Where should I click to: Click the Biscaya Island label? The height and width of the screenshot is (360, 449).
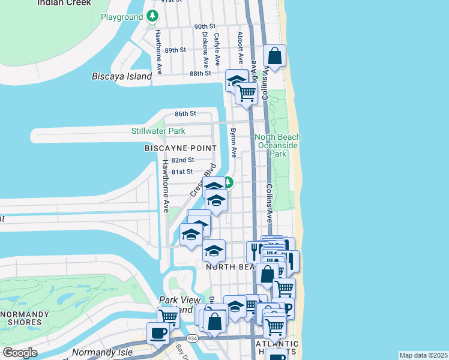[122, 76]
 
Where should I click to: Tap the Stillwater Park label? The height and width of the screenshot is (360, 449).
[158, 131]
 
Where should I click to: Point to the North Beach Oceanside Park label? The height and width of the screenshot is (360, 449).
[278, 145]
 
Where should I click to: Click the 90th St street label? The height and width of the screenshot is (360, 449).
[204, 27]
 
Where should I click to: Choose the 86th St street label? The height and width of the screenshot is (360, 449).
[185, 113]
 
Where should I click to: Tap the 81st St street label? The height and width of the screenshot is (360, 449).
[182, 172]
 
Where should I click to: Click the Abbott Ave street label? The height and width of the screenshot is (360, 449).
[240, 47]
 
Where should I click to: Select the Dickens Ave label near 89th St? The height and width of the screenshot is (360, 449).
[205, 48]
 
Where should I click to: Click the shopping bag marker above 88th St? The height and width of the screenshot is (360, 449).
[274, 56]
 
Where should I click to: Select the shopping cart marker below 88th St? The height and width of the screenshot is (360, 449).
[246, 93]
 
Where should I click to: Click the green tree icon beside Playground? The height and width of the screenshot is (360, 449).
[153, 16]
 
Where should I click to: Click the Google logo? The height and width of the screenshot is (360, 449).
[20, 353]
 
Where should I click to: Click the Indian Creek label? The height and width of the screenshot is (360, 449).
[64, 2]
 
